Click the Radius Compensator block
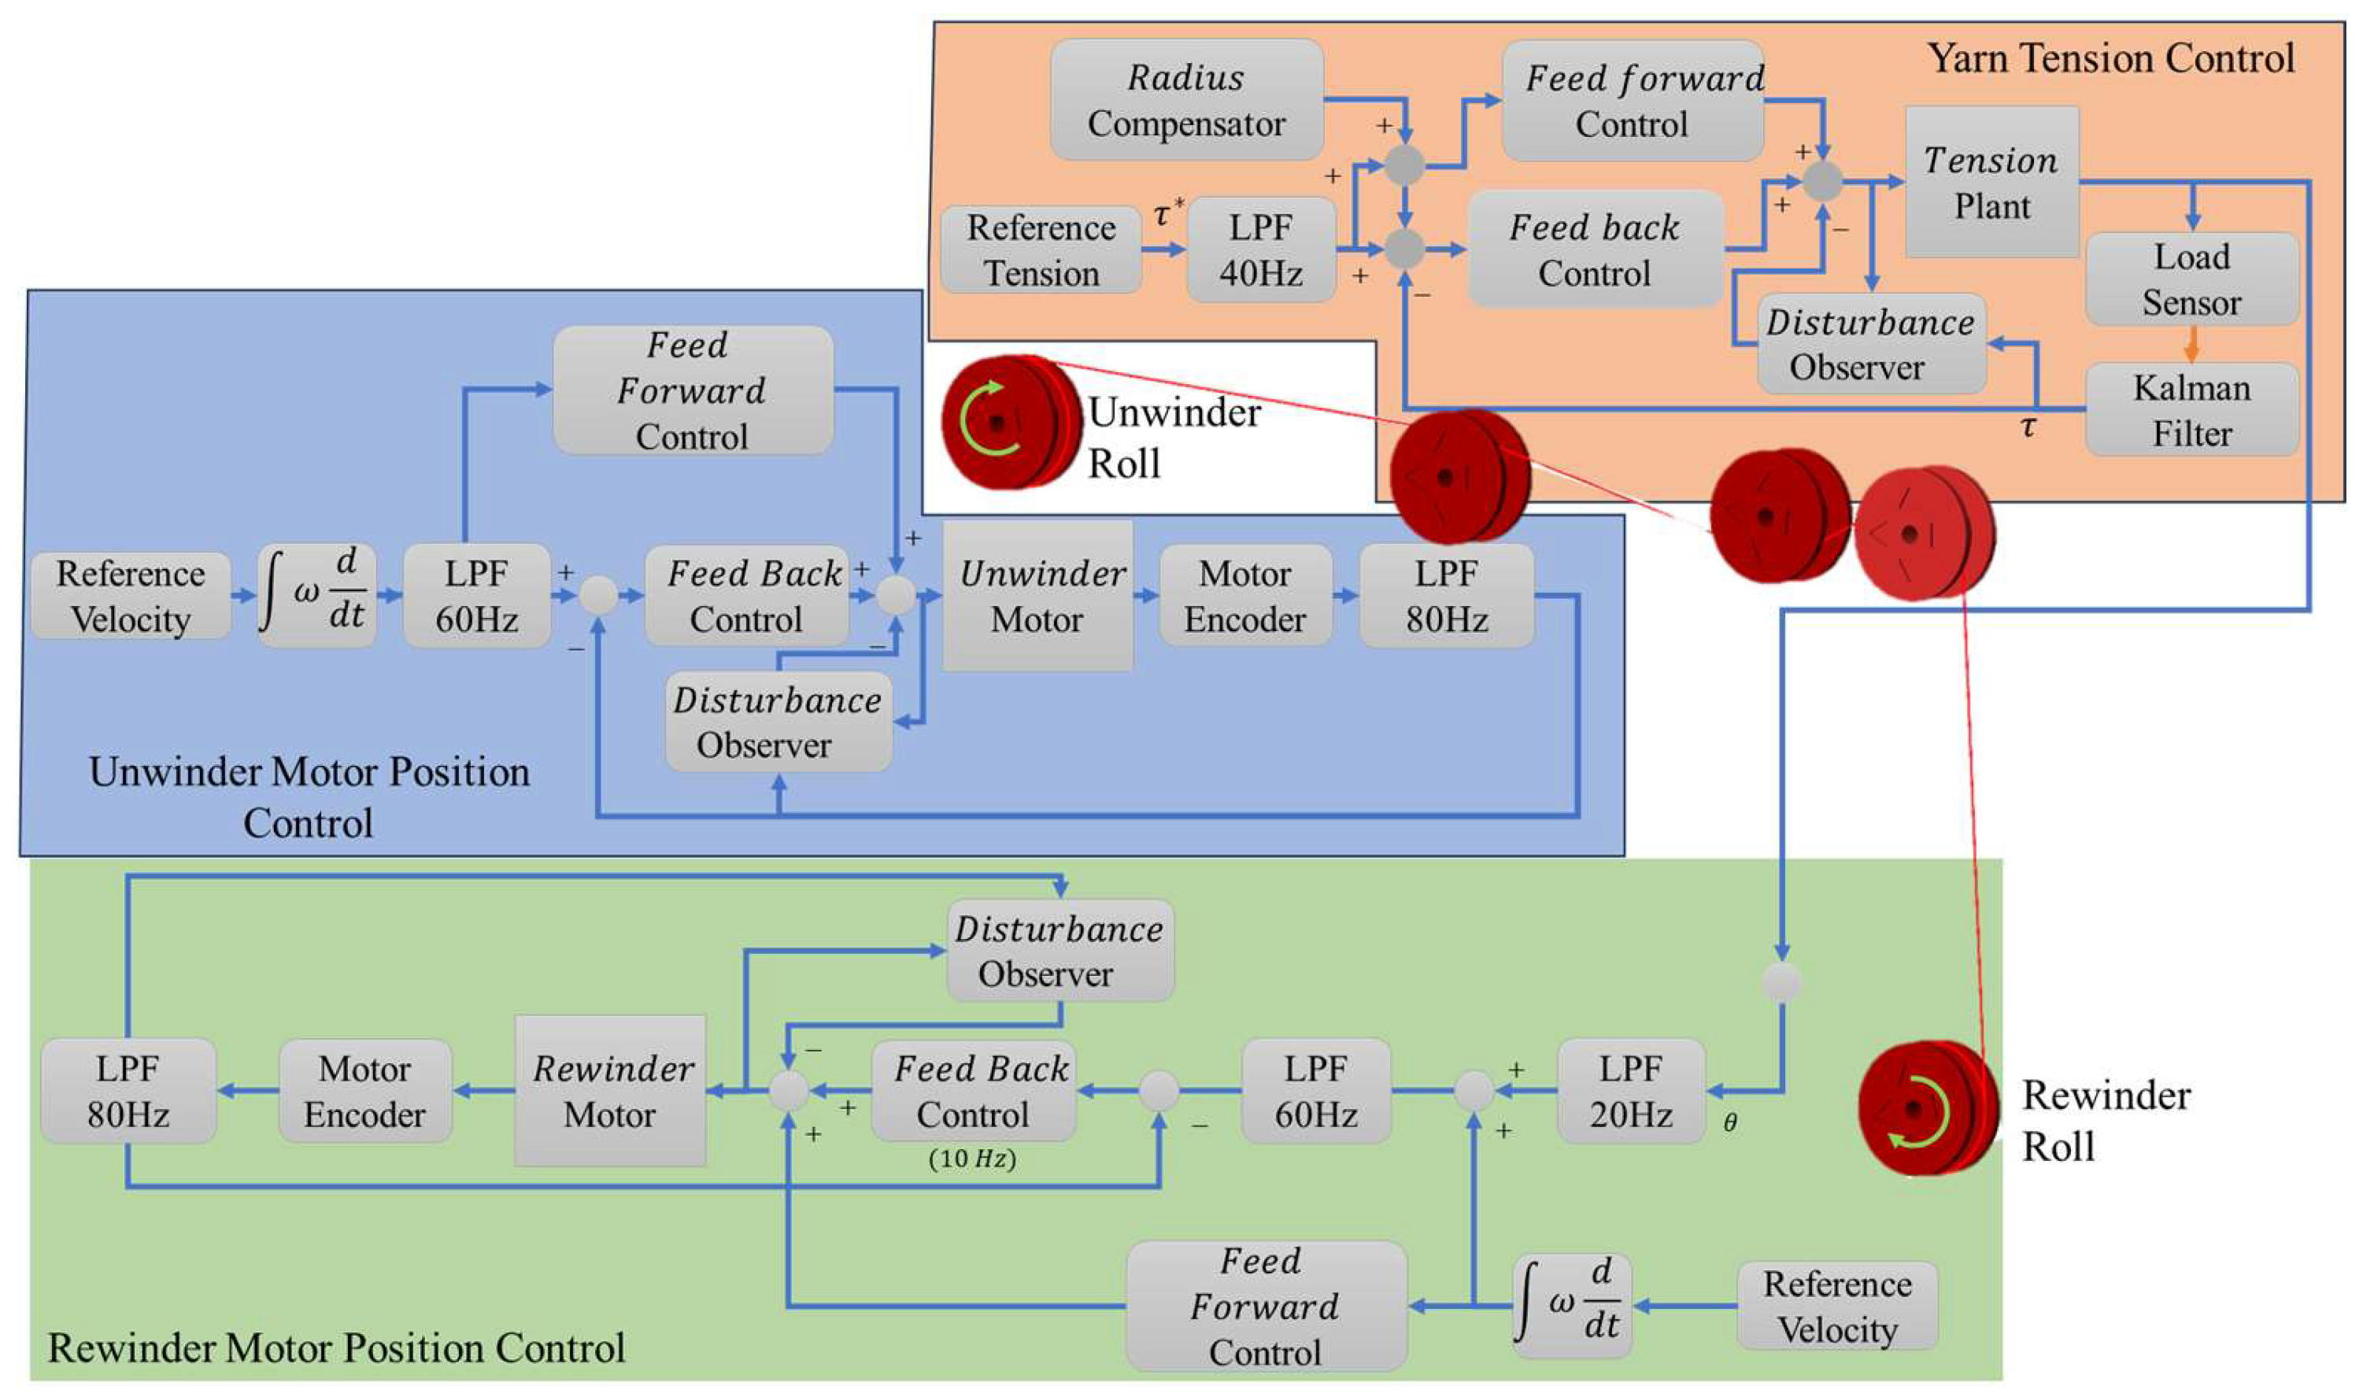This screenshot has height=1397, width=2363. [x=1186, y=100]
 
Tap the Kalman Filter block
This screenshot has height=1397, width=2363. [x=2191, y=410]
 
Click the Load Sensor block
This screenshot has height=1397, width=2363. [x=2191, y=279]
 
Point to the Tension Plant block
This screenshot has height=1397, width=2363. [x=1991, y=182]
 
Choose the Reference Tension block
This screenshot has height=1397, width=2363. [x=1041, y=249]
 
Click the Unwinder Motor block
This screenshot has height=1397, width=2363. [x=1037, y=595]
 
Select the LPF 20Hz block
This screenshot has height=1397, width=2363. [x=1630, y=1091]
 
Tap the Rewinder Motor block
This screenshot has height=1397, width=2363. [x=610, y=1091]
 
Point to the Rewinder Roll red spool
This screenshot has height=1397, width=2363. [x=1925, y=1107]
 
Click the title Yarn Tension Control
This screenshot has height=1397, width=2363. [x=2110, y=58]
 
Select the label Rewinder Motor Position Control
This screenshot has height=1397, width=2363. [x=336, y=1347]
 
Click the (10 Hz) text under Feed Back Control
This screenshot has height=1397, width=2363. [x=971, y=1158]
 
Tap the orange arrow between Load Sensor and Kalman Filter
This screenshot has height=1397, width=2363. [x=2191, y=345]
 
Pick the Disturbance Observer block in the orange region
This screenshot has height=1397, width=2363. [x=1870, y=344]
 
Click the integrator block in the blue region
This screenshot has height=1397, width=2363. [x=317, y=595]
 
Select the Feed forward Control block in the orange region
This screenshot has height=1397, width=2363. [x=1633, y=100]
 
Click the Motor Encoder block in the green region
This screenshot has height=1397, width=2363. [x=364, y=1091]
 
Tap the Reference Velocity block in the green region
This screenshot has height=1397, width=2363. [x=1836, y=1306]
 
